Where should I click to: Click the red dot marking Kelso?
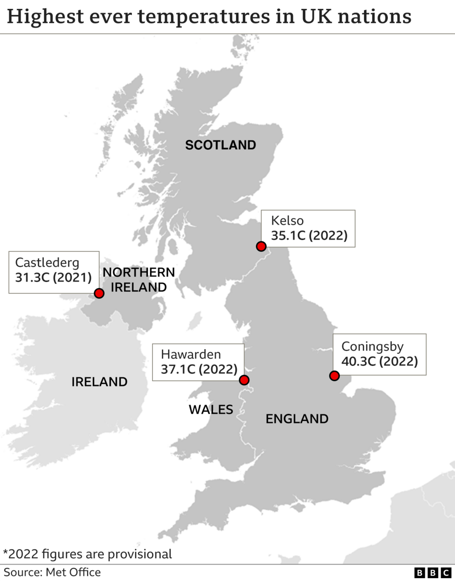tap(261, 246)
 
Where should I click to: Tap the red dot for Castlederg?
tap(99, 293)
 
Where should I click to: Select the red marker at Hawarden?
tap(244, 380)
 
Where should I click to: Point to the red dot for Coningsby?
tap(334, 376)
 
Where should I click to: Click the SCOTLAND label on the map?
tap(221, 145)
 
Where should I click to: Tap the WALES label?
tap(211, 410)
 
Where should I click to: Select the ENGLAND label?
tap(297, 419)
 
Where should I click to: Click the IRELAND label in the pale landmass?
tap(99, 382)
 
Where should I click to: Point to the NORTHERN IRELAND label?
tap(139, 280)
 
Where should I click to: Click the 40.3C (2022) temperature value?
tap(379, 361)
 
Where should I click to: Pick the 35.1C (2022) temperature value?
tap(309, 235)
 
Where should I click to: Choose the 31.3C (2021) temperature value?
tap(54, 278)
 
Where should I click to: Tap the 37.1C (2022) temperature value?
tap(199, 369)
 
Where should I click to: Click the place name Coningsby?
tap(372, 346)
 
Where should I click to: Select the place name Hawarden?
tap(191, 354)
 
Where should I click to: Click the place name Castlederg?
tap(47, 262)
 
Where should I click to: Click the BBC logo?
tap(433, 573)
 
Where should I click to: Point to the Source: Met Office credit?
tap(52, 572)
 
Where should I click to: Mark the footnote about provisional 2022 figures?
tap(88, 554)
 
